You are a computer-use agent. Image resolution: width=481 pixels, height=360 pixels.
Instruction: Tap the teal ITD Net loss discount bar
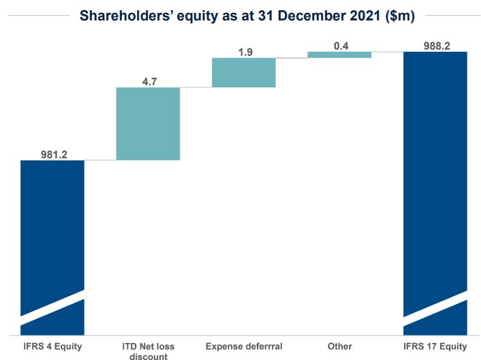(148, 123)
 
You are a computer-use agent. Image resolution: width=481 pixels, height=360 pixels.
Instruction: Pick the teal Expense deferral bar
(244, 72)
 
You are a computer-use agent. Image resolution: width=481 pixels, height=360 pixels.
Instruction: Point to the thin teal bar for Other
(339, 55)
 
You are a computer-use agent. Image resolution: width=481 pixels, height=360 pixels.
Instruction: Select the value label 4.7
(148, 81)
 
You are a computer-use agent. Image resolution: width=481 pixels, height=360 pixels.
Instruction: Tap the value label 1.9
(244, 51)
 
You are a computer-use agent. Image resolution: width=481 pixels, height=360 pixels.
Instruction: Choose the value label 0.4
(339, 45)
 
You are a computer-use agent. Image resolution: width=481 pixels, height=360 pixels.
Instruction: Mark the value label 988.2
(435, 45)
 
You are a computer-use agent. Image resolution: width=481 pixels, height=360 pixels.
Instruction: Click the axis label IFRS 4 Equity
(52, 346)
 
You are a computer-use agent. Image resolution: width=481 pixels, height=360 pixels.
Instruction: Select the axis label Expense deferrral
(244, 346)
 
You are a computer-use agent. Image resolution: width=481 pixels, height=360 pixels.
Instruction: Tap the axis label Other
(339, 346)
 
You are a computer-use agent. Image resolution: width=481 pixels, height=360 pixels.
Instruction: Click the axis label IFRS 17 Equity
(435, 346)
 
